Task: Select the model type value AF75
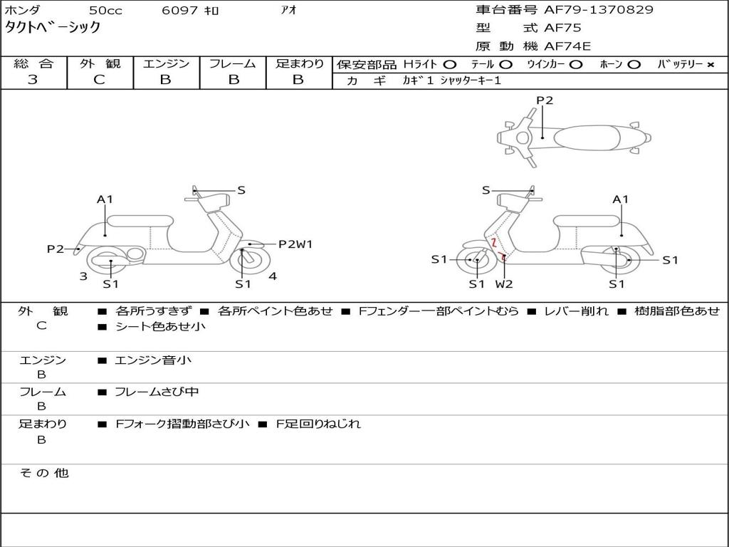click(x=562, y=28)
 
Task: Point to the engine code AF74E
click(x=567, y=47)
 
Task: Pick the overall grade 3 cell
click(x=33, y=80)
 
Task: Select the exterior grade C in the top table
click(x=99, y=80)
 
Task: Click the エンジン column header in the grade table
click(x=166, y=64)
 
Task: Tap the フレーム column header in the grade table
click(x=232, y=64)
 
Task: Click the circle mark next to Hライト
click(x=449, y=64)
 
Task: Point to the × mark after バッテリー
click(x=710, y=64)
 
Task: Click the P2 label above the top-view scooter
click(x=545, y=100)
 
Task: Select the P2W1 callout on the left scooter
click(x=295, y=244)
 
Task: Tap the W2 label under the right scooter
click(x=504, y=284)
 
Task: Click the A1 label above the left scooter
click(x=105, y=199)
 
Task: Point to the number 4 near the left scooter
click(x=273, y=276)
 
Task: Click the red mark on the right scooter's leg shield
click(x=492, y=243)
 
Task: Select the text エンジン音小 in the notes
click(x=152, y=360)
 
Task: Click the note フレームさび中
click(x=157, y=392)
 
